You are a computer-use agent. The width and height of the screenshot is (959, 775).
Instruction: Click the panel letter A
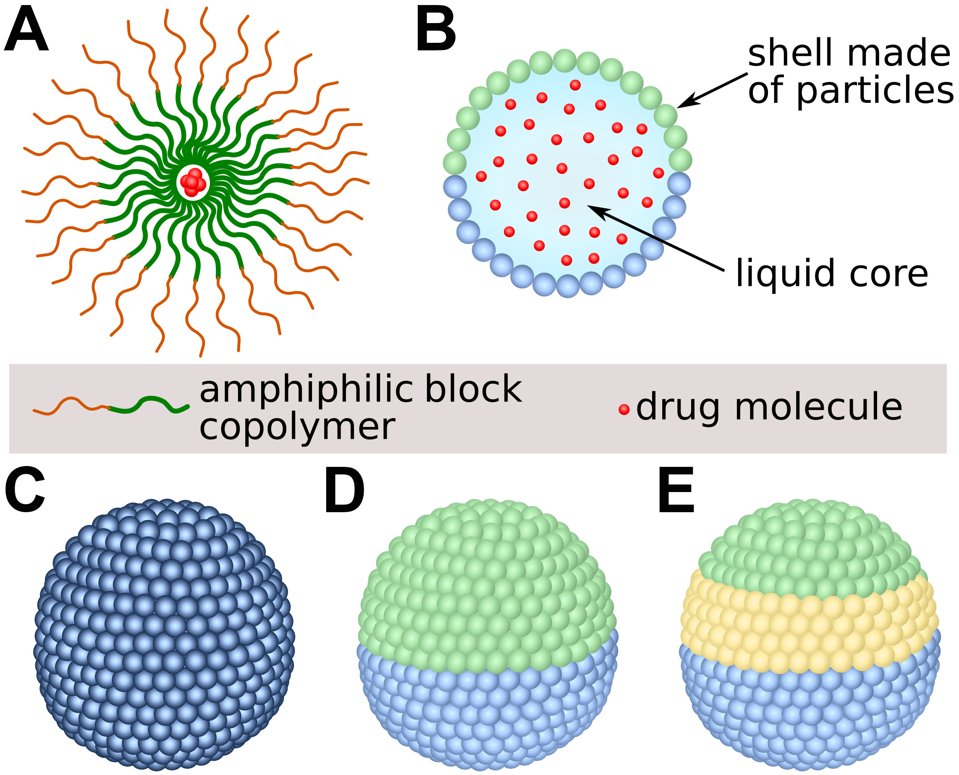(x=26, y=31)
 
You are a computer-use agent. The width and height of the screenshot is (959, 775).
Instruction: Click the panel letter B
(x=435, y=31)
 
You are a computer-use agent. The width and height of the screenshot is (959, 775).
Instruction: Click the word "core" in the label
(x=888, y=273)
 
